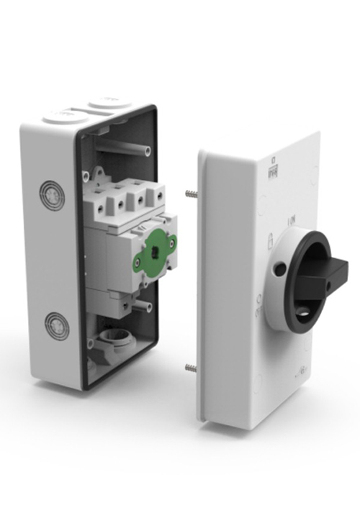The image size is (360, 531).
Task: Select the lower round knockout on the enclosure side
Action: [57, 325]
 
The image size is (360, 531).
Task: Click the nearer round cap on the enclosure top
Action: [66, 116]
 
